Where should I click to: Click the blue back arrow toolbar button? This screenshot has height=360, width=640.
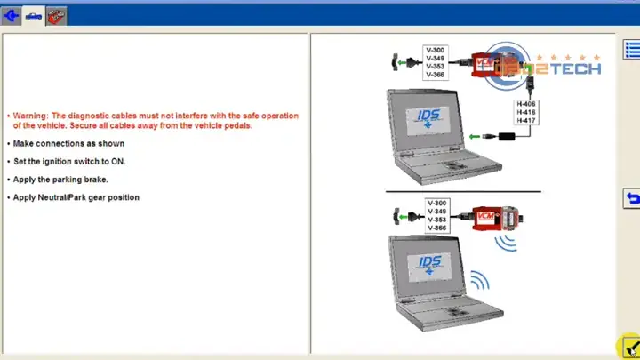point(11,16)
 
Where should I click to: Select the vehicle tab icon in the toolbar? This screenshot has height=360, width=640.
point(34,16)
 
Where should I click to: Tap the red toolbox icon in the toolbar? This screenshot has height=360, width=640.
point(56,16)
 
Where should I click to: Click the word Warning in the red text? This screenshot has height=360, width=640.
point(30,116)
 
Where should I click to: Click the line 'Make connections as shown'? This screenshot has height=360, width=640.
point(68,144)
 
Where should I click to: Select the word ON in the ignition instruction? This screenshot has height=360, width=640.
point(118,162)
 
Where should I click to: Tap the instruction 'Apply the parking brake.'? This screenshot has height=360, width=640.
point(60,180)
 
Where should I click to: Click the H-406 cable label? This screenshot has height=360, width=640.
point(525,104)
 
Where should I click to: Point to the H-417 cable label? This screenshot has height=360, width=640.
point(525,120)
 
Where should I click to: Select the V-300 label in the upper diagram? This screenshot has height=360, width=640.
point(435,50)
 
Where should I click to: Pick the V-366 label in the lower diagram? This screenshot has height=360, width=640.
point(436,228)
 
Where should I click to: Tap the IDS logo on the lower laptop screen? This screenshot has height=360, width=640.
point(430,265)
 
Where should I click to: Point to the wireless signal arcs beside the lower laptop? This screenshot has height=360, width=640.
point(480,280)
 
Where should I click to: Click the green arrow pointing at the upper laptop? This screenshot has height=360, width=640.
point(475,136)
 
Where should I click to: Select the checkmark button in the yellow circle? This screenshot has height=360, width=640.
point(631,347)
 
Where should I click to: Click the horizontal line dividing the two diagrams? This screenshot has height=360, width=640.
point(463,191)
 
